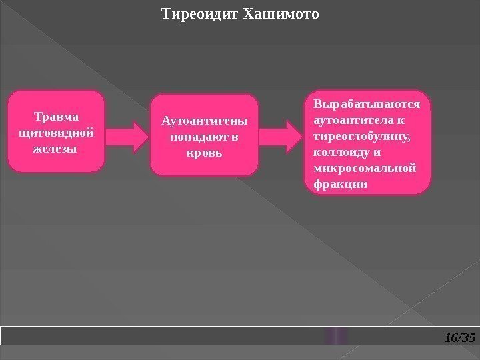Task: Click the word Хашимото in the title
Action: point(282,13)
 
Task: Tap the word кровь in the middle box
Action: point(203,151)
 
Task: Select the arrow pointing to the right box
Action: point(285,137)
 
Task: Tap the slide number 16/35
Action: point(459,338)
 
